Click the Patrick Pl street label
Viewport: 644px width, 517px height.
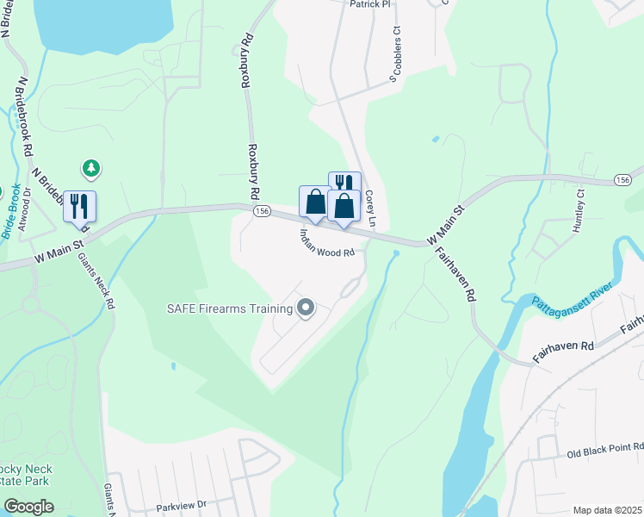click(369, 4)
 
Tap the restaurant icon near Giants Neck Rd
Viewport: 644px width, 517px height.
click(79, 207)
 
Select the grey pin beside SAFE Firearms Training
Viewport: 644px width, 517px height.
click(305, 308)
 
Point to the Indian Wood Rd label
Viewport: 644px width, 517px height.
click(327, 244)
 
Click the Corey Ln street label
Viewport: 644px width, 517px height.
click(371, 209)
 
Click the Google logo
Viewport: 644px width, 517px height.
click(28, 507)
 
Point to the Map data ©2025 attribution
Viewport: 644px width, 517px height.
click(607, 510)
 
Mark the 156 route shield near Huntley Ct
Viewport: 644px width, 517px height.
click(623, 178)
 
